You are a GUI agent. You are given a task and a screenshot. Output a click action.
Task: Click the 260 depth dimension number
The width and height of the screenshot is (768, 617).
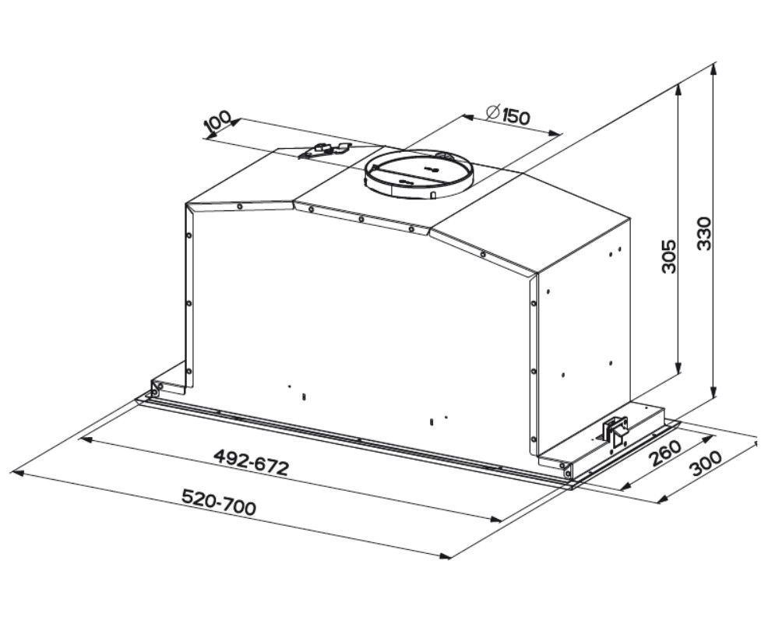(664, 454)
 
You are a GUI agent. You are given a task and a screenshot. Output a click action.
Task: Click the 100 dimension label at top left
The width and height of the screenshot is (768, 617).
(217, 123)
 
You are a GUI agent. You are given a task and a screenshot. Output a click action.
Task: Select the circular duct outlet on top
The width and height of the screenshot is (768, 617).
(418, 173)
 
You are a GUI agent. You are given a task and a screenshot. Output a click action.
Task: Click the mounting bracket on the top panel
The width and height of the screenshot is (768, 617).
(325, 150)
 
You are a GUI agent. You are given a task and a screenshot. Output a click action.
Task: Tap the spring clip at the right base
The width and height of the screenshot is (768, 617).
(615, 430)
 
